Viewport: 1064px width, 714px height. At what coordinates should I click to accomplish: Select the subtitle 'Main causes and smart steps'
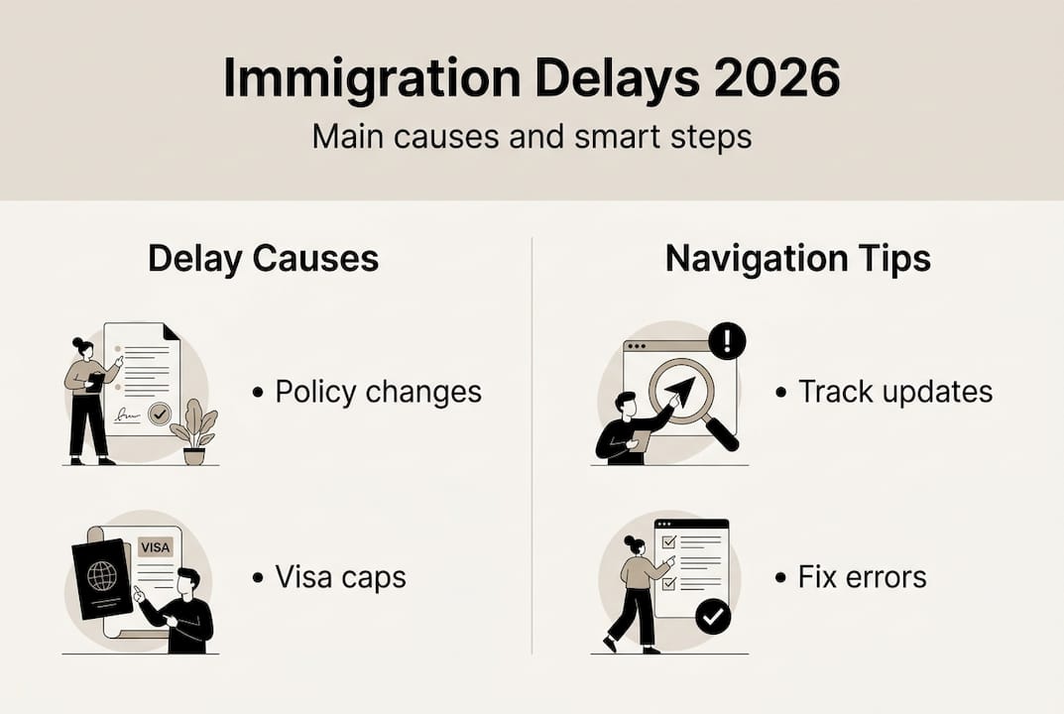pyautogui.click(x=532, y=137)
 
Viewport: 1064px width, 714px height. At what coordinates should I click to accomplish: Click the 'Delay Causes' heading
pyautogui.click(x=264, y=259)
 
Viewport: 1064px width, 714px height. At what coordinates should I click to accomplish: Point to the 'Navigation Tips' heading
pyautogui.click(x=798, y=259)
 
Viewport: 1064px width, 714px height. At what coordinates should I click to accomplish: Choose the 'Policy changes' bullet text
pyautogui.click(x=378, y=392)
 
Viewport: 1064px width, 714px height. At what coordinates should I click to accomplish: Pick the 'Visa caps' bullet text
pyautogui.click(x=341, y=577)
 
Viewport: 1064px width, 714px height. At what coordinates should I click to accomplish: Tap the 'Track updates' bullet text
pyautogui.click(x=895, y=392)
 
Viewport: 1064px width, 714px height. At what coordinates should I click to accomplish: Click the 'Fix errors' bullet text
pyautogui.click(x=862, y=577)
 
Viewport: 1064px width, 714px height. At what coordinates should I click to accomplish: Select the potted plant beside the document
pyautogui.click(x=194, y=431)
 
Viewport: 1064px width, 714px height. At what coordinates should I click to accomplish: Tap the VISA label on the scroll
pyautogui.click(x=156, y=547)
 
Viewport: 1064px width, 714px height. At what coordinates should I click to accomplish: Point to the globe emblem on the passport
pyautogui.click(x=102, y=575)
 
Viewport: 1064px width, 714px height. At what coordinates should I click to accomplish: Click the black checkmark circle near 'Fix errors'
pyautogui.click(x=713, y=616)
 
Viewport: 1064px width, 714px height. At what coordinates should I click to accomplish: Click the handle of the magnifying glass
pyautogui.click(x=721, y=433)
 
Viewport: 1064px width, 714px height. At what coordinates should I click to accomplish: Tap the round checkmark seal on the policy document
pyautogui.click(x=160, y=413)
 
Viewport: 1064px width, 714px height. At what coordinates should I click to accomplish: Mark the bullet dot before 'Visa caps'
pyautogui.click(x=258, y=578)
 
